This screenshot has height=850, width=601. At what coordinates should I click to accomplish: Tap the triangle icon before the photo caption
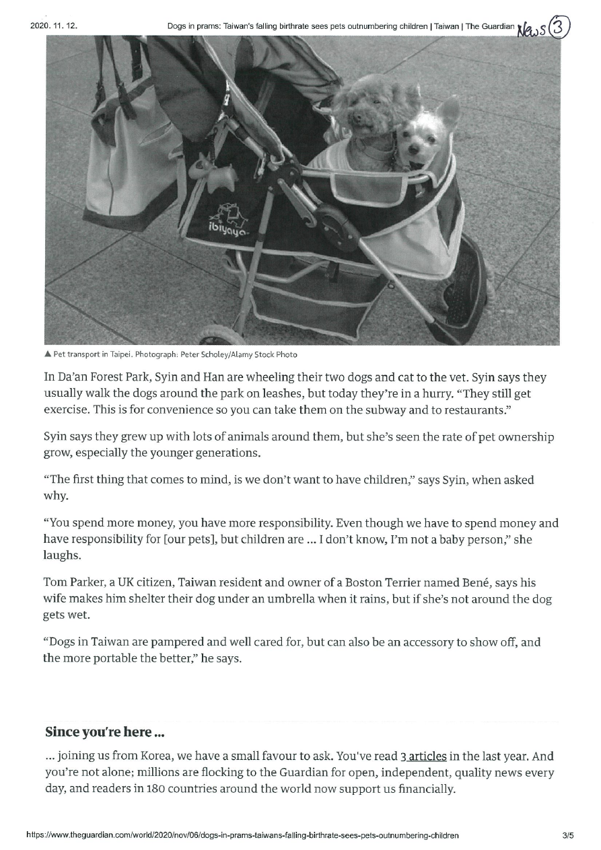click(48, 354)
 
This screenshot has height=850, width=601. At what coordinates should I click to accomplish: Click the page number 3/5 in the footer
click(567, 835)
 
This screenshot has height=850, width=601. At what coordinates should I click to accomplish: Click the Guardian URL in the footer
click(242, 835)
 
